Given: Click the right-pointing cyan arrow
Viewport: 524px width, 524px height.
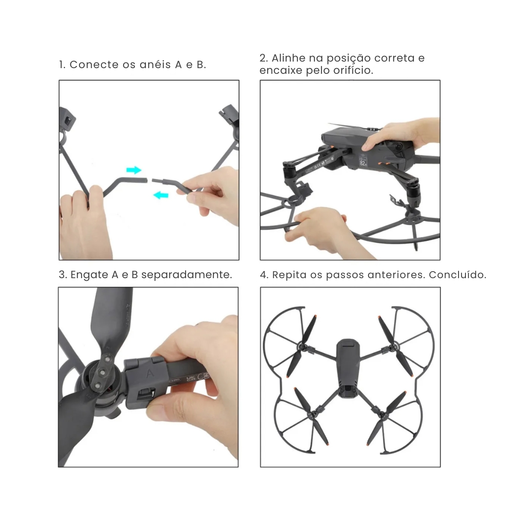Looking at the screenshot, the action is tap(134, 170).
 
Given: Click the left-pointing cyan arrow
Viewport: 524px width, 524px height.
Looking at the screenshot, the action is tap(161, 195).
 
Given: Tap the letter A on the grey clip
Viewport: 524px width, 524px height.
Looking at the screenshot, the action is tap(150, 373).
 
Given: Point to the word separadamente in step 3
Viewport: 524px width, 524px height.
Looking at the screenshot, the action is tap(186, 275).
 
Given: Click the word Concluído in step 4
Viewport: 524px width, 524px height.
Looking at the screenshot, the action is tap(458, 275).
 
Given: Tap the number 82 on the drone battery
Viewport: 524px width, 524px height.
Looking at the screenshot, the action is tap(363, 163).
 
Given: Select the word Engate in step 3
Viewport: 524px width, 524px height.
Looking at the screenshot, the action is tap(90, 275).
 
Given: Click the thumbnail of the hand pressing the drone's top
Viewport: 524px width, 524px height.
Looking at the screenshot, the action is tap(350, 170).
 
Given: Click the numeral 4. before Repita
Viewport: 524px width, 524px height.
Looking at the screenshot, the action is tap(264, 275).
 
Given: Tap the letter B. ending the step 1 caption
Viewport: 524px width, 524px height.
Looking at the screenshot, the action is tap(201, 65).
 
